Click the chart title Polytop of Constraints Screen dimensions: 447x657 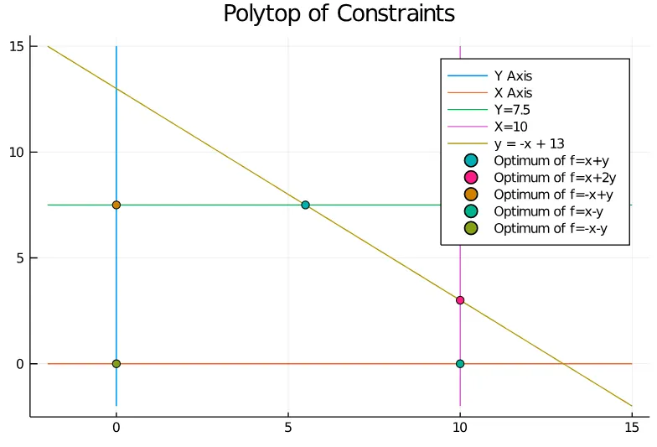coord(339,14)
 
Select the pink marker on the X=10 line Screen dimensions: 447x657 coord(460,300)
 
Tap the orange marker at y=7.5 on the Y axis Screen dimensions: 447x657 coord(116,205)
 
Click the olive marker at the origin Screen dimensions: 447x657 coord(116,364)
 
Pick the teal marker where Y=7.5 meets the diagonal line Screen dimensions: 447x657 coord(305,205)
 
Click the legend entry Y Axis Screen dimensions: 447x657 coord(513,76)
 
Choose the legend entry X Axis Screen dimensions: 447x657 coord(513,93)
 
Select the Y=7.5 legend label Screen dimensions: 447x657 coord(512,110)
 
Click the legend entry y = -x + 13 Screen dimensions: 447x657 coord(530,144)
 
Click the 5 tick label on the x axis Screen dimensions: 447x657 coord(288,427)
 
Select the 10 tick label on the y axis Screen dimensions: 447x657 coord(14,152)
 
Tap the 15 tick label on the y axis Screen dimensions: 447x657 coord(14,46)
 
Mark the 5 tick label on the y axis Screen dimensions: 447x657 coord(18,258)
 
